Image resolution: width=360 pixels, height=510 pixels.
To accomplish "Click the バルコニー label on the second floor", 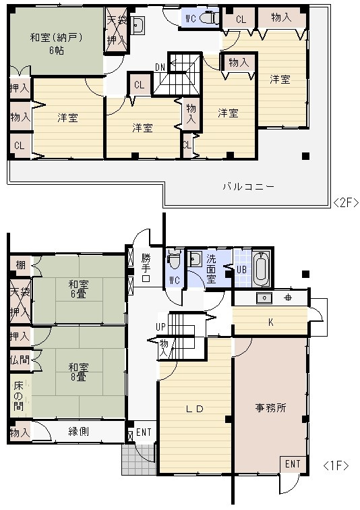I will coord(249,186).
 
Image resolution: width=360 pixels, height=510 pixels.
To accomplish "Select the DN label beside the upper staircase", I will coord(160,67).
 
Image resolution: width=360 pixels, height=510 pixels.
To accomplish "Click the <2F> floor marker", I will coord(346,202).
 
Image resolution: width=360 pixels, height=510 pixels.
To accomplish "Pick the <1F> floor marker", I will coord(336,465).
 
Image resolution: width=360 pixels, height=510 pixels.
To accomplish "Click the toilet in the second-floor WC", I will coord(210,18).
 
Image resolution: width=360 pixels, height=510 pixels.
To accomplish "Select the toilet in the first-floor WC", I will coord(174,258).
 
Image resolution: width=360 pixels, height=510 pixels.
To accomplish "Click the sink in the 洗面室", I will coord(196,259).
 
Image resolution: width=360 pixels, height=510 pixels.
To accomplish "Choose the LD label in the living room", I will coord(195,409).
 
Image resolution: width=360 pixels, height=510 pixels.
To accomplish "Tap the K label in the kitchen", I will coord(270,322).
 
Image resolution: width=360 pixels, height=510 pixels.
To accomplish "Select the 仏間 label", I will coord(20,360).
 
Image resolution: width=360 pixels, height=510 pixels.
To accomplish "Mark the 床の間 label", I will coord(20,396).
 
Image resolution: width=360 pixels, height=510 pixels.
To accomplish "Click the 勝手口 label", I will coord(146,267).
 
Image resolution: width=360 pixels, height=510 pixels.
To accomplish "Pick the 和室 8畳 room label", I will coord(80,372).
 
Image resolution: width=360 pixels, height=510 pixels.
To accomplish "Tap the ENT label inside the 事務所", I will coord(293,464).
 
